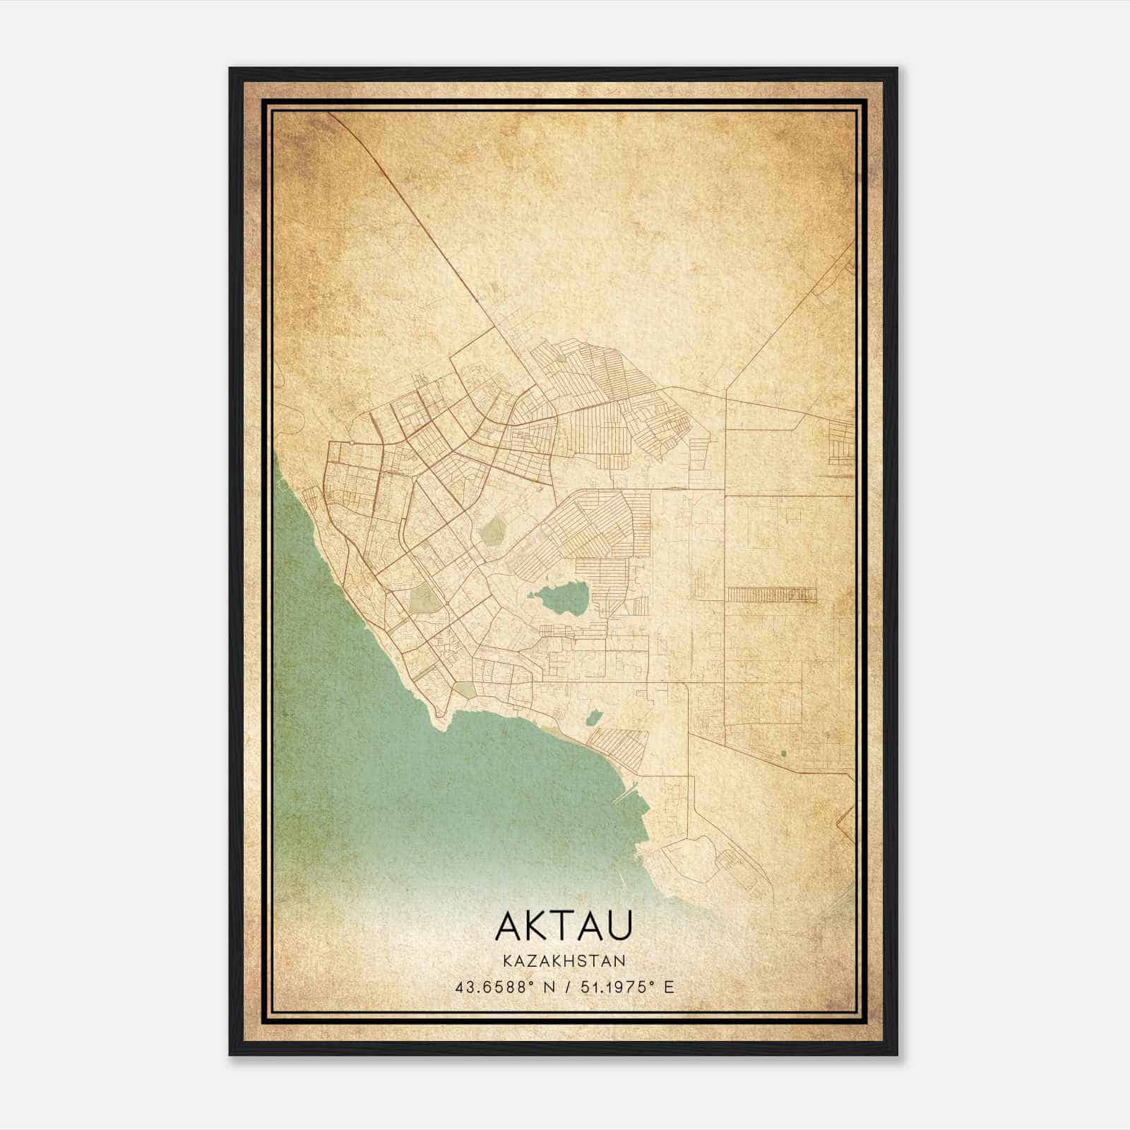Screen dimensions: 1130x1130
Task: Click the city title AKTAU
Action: pos(564,926)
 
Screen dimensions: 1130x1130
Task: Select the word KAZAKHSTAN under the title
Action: pos(564,961)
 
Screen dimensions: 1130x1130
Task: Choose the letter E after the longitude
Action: pos(670,987)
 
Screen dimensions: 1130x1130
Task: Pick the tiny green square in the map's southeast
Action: pos(783,753)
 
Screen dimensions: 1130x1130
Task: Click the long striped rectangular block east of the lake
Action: pos(771,595)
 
